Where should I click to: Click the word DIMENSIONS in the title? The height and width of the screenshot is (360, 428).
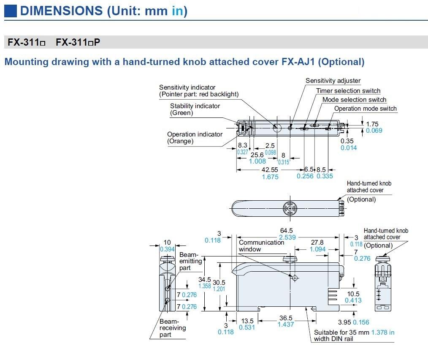[61, 11]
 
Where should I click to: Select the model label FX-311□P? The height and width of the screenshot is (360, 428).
[78, 42]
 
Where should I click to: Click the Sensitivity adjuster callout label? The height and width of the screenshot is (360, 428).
[333, 81]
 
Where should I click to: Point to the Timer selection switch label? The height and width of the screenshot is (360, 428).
[348, 91]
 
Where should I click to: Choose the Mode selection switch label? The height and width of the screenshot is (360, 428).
[354, 100]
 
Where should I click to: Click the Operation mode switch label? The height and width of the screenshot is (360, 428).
[366, 109]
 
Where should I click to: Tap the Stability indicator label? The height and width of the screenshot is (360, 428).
[195, 106]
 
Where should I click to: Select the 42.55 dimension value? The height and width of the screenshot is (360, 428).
[270, 169]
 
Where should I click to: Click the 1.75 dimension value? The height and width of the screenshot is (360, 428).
[372, 124]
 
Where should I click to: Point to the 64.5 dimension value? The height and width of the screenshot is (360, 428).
[286, 231]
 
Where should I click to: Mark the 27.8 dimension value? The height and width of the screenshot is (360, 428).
[317, 243]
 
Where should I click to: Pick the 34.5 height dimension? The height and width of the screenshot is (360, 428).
[205, 279]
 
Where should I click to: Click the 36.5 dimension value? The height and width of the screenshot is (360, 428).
[286, 318]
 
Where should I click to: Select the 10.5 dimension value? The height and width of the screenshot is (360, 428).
[353, 294]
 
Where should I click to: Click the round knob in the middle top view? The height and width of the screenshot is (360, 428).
[290, 207]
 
